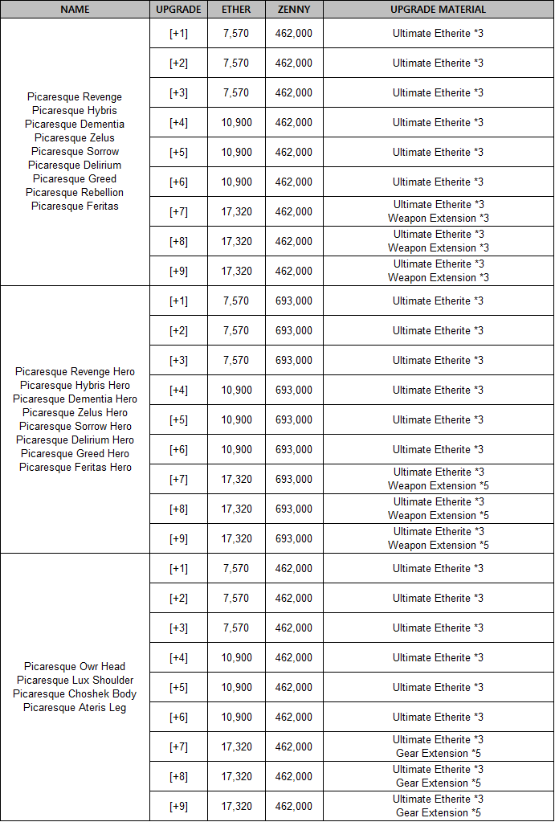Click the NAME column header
tap(75, 10)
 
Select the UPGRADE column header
tap(178, 10)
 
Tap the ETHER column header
tap(236, 10)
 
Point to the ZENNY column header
tap(294, 10)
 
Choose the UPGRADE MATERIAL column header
tap(438, 10)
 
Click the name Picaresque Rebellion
tap(75, 193)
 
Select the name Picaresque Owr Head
tap(75, 667)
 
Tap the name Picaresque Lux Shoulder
tap(75, 681)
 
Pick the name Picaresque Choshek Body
tap(75, 694)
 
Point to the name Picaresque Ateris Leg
tap(75, 708)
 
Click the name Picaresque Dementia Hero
tap(75, 399)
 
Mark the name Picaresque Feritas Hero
tap(75, 468)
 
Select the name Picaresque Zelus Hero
tap(75, 413)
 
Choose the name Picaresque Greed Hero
tap(75, 454)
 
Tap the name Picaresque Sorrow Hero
tap(75, 427)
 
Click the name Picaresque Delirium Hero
tap(75, 440)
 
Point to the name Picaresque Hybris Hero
tap(75, 386)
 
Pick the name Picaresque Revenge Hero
tap(75, 372)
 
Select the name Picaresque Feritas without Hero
tap(75, 207)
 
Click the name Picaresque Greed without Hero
tap(75, 179)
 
